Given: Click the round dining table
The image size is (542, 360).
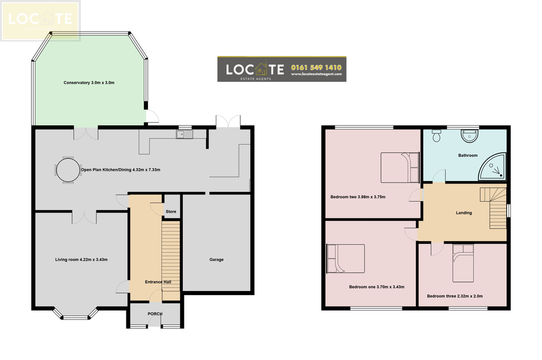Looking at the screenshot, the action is pyautogui.click(x=68, y=170).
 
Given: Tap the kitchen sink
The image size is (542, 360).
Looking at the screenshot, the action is pyautogui.click(x=185, y=134).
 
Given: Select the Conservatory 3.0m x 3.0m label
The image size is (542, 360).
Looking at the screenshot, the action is pyautogui.click(x=89, y=82).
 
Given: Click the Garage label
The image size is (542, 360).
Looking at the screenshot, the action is pyautogui.click(x=216, y=259).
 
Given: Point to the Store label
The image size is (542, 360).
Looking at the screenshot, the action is pyautogui.click(x=171, y=211).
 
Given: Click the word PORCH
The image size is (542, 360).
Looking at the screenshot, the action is pyautogui.click(x=155, y=314).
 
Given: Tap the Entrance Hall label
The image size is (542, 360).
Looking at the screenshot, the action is pyautogui.click(x=158, y=282).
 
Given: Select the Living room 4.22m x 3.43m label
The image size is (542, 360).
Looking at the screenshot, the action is pyautogui.click(x=81, y=259).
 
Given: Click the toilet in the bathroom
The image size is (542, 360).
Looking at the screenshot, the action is pyautogui.click(x=437, y=135).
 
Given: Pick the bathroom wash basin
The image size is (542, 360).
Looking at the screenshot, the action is pyautogui.click(x=470, y=136).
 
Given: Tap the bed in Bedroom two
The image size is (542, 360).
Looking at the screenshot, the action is pyautogui.click(x=400, y=167).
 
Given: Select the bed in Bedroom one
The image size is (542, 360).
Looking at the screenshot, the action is pyautogui.click(x=346, y=258).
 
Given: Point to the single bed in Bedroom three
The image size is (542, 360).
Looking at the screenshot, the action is pyautogui.click(x=463, y=263).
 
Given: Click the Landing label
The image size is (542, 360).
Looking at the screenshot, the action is pyautogui.click(x=464, y=212).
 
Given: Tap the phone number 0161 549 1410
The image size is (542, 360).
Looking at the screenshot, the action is pyautogui.click(x=316, y=67).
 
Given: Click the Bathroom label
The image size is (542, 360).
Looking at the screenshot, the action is pyautogui.click(x=468, y=155).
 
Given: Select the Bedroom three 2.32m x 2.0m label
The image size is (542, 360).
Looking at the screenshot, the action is pyautogui.click(x=455, y=296).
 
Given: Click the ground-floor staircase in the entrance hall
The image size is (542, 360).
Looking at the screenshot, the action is pyautogui.click(x=171, y=261).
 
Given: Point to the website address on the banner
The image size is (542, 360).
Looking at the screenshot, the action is pyautogui.click(x=316, y=74).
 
